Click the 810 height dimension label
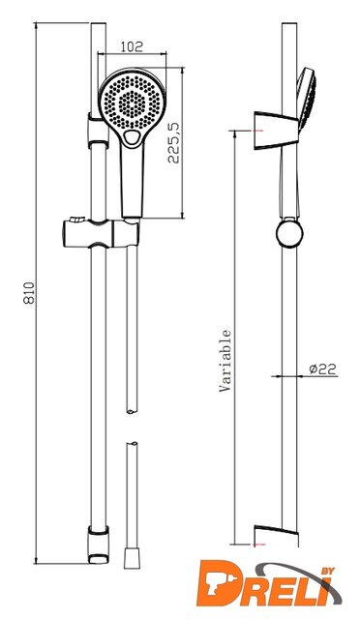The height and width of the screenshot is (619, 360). click(x=30, y=293)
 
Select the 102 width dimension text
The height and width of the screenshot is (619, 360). click(x=132, y=47)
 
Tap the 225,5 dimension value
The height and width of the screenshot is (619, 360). click(x=173, y=142)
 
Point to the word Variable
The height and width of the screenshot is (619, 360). click(x=225, y=361)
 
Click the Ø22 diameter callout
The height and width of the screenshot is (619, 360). click(x=322, y=368)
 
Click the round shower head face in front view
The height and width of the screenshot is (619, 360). click(x=132, y=103)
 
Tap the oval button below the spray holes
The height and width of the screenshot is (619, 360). click(x=132, y=137)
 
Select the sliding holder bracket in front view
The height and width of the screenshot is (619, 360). click(x=101, y=233)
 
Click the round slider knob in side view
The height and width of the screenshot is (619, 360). click(x=289, y=233)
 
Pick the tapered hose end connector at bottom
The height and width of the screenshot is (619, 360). click(x=132, y=557)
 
